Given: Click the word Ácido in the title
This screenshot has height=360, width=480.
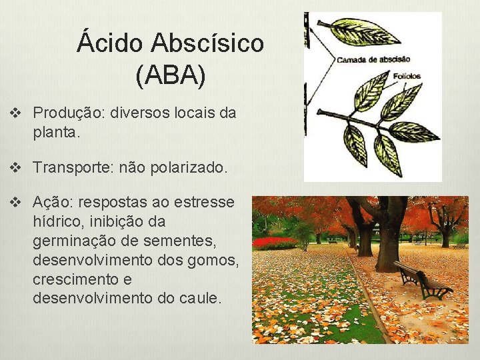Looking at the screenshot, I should [x=109, y=44].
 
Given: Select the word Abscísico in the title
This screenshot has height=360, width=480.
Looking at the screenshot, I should [x=207, y=44].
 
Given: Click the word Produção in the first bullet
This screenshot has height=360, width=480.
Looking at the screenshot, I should [x=62, y=113].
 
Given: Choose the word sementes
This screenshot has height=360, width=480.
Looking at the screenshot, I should [x=197, y=241].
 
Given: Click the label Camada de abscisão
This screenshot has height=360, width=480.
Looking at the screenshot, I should [x=373, y=59].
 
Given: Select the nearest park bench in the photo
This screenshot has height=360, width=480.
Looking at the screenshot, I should [x=421, y=279].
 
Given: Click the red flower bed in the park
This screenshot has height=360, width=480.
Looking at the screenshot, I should [x=275, y=241].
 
